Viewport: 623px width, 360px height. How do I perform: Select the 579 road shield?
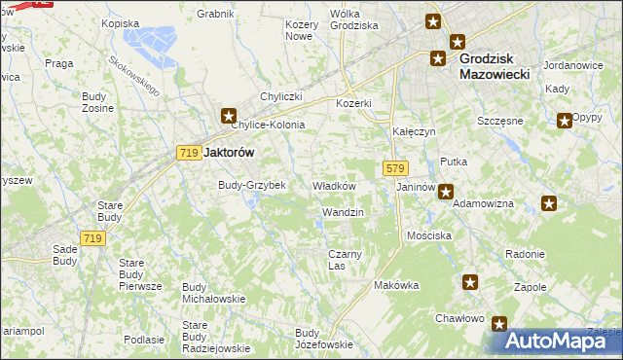pyautogui.click(x=394, y=168)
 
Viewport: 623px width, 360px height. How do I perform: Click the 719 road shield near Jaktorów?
pyautogui.click(x=189, y=153)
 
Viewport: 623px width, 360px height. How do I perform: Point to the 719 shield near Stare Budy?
pyautogui.click(x=93, y=238)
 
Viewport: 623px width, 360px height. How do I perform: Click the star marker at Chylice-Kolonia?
pyautogui.click(x=229, y=115)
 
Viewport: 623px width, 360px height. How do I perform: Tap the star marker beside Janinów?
pyautogui.click(x=445, y=192)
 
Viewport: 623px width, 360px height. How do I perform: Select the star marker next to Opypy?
pyautogui.click(x=565, y=122)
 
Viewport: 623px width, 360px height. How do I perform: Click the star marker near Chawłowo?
pyautogui.click(x=499, y=324)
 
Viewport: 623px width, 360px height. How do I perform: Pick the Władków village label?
pyautogui.click(x=334, y=185)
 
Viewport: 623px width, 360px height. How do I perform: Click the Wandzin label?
pyautogui.click(x=343, y=211)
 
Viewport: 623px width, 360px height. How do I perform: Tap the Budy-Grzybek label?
pyautogui.click(x=252, y=185)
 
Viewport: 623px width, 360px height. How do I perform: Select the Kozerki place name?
pyautogui.click(x=354, y=103)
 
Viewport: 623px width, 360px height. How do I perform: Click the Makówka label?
pyautogui.click(x=396, y=285)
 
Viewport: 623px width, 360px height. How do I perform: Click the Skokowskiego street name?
pyautogui.click(x=133, y=74)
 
